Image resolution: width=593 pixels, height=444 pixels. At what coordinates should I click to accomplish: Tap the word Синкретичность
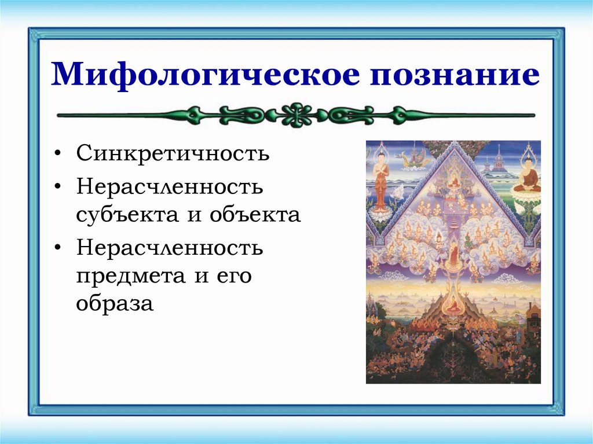173,155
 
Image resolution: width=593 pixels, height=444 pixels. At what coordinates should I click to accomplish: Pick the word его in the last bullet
235,276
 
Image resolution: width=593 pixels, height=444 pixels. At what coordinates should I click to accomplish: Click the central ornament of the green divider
296,115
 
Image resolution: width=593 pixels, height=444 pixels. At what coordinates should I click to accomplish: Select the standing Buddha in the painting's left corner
380,180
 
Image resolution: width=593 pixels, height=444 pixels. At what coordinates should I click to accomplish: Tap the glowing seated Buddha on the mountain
453,306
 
